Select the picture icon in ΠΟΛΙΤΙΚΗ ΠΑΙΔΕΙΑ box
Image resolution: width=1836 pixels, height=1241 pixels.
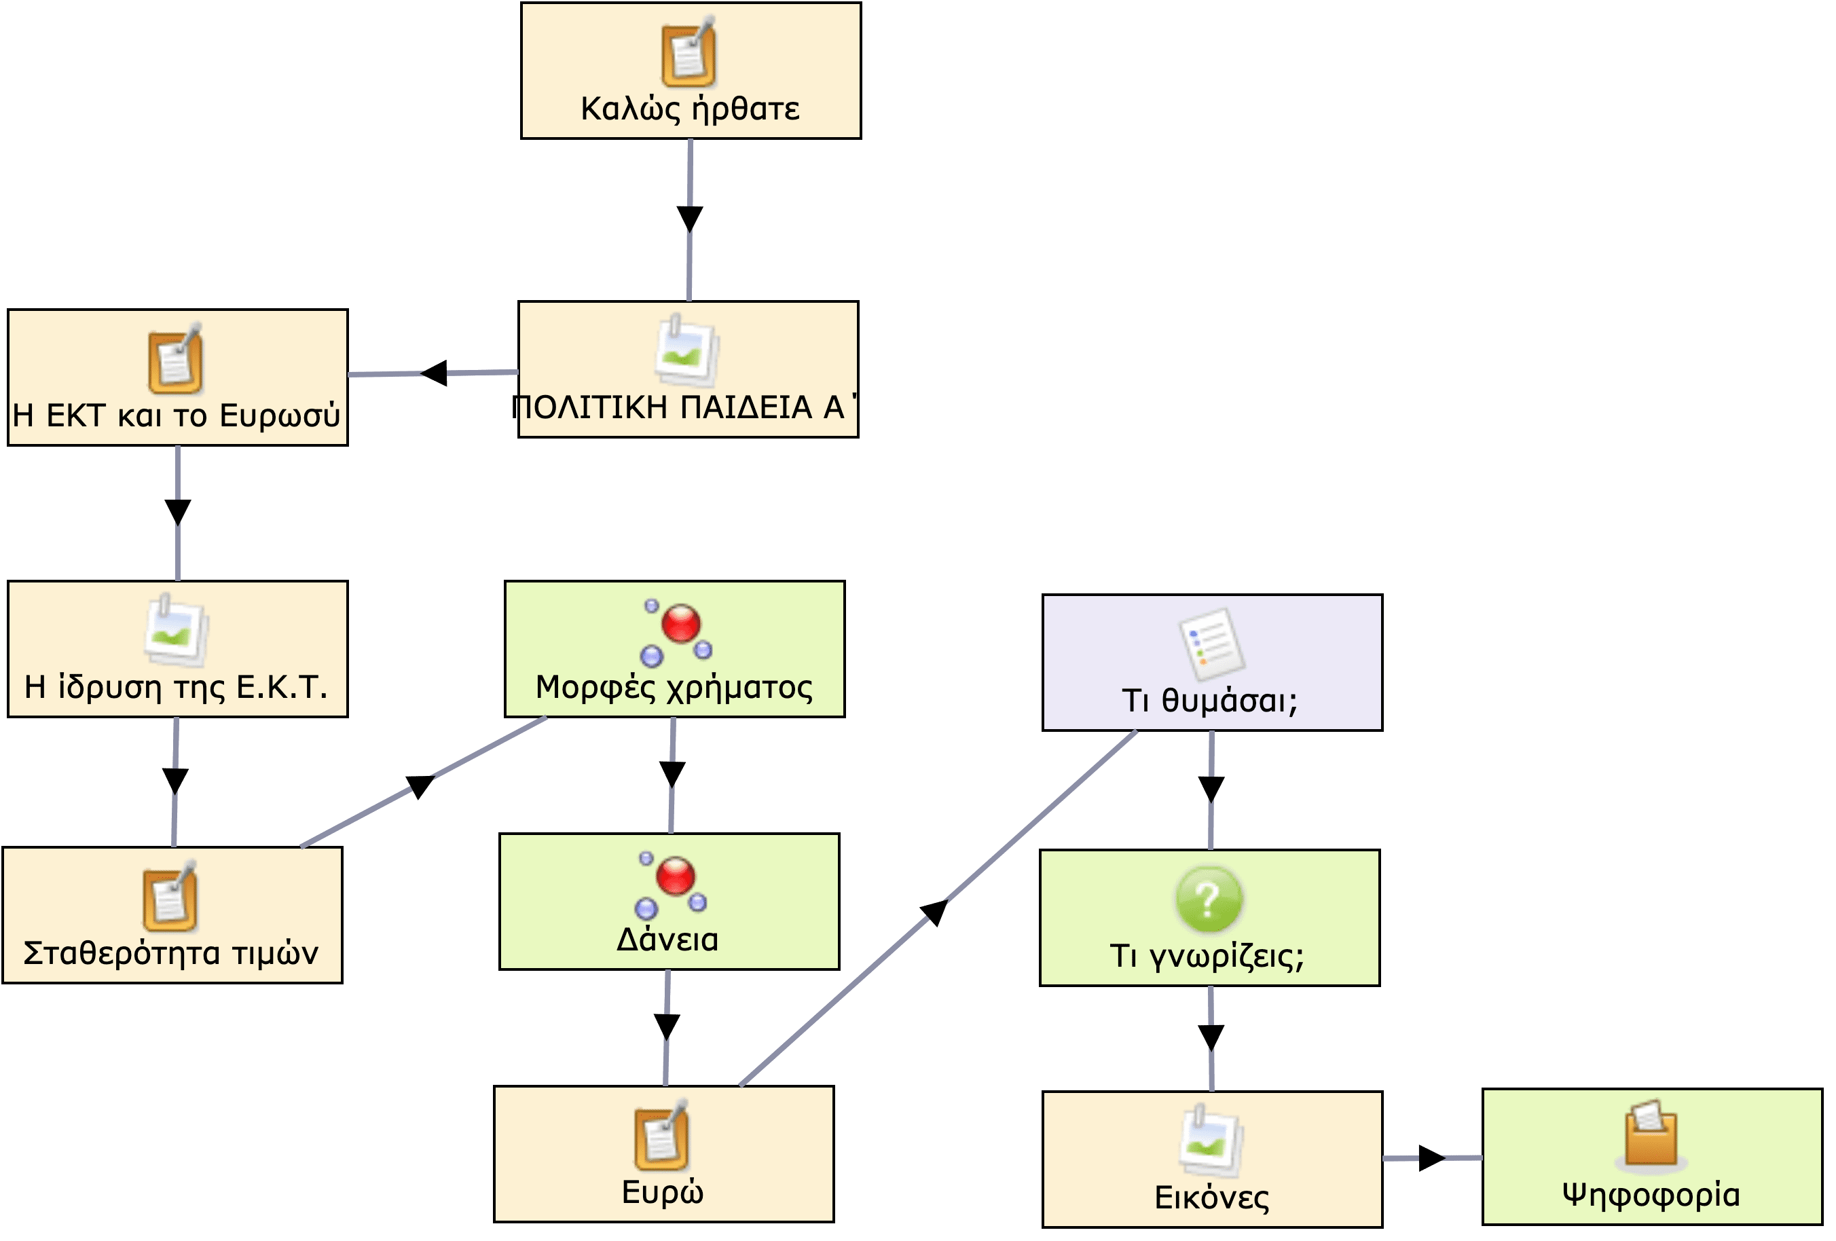(686, 351)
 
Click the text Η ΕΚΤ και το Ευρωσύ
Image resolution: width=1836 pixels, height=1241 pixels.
(177, 415)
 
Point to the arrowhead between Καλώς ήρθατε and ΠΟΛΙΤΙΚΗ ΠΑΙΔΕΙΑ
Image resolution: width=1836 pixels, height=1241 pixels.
(690, 218)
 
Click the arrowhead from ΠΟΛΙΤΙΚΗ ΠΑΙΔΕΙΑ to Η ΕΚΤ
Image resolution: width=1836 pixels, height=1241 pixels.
(435, 373)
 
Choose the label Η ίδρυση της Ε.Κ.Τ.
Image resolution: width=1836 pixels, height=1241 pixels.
(176, 687)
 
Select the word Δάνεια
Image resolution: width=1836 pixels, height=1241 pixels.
(667, 940)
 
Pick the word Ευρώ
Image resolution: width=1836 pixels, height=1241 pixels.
(662, 1192)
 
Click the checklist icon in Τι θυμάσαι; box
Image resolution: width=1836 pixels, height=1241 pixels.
(1210, 644)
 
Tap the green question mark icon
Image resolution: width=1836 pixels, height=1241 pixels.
(1209, 899)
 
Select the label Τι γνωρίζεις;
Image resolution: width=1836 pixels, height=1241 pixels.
(1207, 956)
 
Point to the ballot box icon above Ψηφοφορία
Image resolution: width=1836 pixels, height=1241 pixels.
(1651, 1134)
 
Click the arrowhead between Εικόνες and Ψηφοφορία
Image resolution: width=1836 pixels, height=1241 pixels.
(1431, 1159)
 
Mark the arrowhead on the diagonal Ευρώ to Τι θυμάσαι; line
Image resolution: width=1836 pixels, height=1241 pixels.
(934, 912)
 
